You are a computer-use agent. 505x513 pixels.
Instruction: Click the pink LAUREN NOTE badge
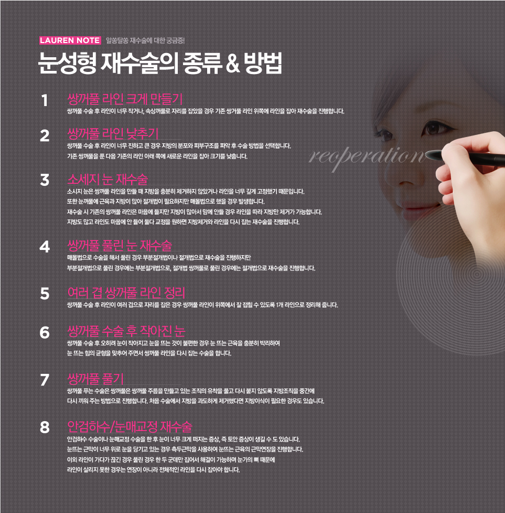[70, 40]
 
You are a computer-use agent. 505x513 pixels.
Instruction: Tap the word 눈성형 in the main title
[67, 63]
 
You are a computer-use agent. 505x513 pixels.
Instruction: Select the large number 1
[45, 100]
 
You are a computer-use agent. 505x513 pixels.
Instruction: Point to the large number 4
[45, 246]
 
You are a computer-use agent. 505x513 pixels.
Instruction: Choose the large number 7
[45, 380]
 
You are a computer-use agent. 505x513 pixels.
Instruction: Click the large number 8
[45, 427]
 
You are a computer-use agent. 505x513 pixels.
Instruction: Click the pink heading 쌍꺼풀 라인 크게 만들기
[125, 99]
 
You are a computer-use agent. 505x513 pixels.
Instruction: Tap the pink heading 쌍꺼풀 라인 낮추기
[113, 133]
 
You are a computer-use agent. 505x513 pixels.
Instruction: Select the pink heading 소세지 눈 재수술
[108, 179]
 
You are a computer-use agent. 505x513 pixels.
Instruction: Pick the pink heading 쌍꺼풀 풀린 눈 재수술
[120, 245]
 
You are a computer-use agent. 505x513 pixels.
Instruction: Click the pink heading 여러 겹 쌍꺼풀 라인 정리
[126, 292]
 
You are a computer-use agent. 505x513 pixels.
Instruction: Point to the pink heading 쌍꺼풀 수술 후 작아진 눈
[126, 331]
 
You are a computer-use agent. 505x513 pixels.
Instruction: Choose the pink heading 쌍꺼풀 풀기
[95, 379]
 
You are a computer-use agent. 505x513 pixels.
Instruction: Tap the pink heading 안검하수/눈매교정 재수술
[130, 426]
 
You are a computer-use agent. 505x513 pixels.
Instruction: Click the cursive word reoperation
[368, 157]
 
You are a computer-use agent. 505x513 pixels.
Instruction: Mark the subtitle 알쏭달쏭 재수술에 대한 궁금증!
[145, 40]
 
